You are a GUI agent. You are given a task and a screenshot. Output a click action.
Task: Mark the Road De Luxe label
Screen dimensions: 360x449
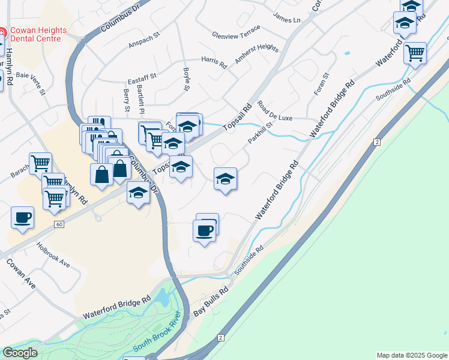(275, 112)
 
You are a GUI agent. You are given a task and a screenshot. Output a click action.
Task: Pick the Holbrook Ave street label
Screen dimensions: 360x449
(53, 254)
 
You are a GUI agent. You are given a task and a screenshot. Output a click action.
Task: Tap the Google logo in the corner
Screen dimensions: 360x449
(20, 353)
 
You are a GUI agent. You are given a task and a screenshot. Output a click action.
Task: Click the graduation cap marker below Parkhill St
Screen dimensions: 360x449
(225, 178)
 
